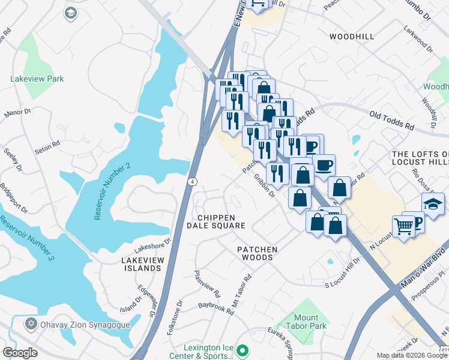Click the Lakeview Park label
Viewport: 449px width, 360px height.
pyautogui.click(x=37, y=79)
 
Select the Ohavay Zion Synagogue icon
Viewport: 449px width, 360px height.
pyautogui.click(x=31, y=324)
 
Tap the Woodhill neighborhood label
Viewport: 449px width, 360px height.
pyautogui.click(x=352, y=37)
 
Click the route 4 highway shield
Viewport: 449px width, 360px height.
pyautogui.click(x=191, y=181)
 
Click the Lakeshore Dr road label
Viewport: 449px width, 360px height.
pyautogui.click(x=152, y=244)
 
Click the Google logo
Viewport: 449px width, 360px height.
pyautogui.click(x=20, y=352)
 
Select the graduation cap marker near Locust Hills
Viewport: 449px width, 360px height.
pyautogui.click(x=433, y=203)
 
